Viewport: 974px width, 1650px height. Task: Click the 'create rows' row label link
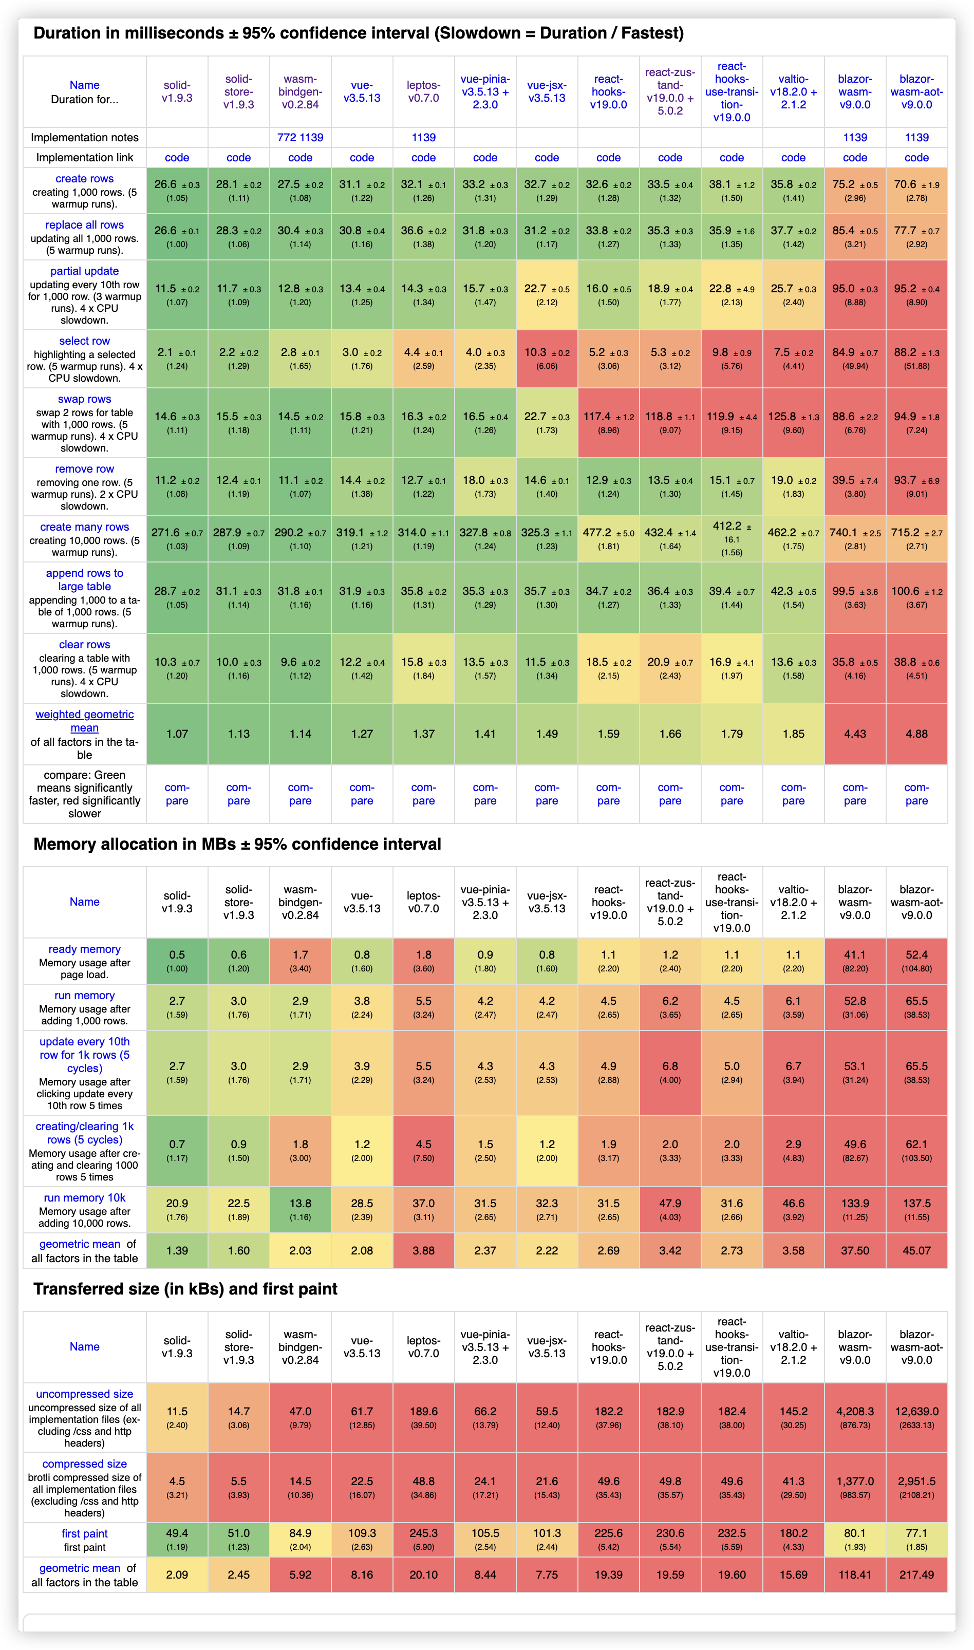(85, 179)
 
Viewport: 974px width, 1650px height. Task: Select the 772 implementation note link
(287, 137)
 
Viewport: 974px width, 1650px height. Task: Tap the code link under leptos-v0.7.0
(423, 158)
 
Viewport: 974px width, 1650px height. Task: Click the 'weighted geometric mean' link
(85, 721)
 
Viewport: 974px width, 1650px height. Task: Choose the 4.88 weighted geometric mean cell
(916, 734)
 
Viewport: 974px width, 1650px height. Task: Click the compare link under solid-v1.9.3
(177, 794)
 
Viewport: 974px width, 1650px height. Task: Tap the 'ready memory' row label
(85, 949)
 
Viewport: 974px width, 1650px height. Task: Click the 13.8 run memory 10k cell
(300, 1209)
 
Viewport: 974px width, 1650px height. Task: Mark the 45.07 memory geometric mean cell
(916, 1250)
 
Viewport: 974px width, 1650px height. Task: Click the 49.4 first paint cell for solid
(177, 1539)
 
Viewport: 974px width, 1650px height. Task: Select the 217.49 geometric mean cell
(916, 1574)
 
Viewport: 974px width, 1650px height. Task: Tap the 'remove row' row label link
(85, 468)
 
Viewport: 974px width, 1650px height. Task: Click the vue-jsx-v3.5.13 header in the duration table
(547, 91)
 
